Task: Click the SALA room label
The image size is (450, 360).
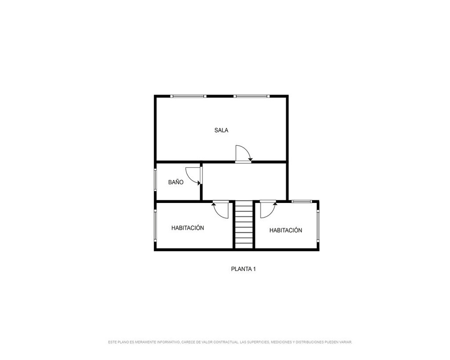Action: pos(221,130)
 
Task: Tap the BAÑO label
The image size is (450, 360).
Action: pos(175,182)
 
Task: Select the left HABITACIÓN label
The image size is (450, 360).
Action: pos(188,228)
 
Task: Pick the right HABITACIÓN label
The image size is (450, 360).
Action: pos(286,230)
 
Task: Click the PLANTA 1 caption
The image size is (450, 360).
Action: pos(243,269)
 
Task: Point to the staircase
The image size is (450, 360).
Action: pos(244,225)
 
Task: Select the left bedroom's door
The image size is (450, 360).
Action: pos(220,210)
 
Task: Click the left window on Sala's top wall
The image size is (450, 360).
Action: pos(188,96)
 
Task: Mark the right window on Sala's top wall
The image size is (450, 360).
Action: pos(252,96)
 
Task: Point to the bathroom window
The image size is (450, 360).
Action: pos(155,180)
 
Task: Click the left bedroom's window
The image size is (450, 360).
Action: pos(155,225)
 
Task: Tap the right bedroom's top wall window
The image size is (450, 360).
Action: pos(301,201)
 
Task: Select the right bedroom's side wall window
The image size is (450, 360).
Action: pos(318,225)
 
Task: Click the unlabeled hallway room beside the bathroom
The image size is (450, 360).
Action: pos(244,181)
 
